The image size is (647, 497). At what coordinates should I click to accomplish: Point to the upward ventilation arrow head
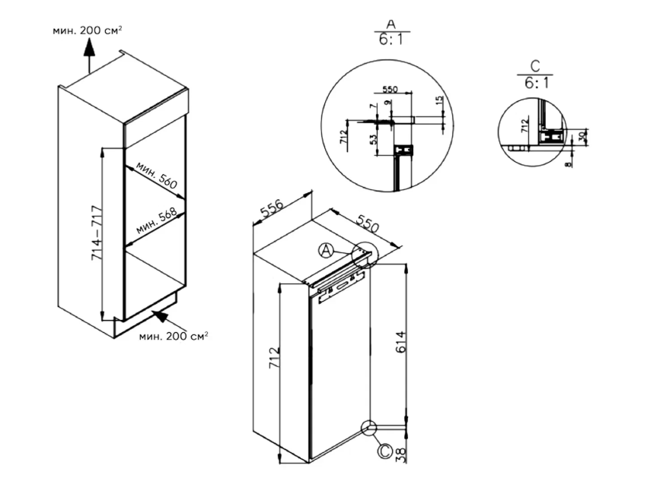tap(88, 46)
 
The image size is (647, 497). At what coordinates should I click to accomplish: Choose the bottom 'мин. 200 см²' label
tap(174, 334)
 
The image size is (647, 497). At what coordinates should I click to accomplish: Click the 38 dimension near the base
tap(403, 454)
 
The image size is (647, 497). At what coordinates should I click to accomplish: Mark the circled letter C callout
tap(385, 451)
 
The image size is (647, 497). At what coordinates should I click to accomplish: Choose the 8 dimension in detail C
tap(570, 163)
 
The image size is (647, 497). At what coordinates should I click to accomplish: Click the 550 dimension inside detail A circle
tap(391, 90)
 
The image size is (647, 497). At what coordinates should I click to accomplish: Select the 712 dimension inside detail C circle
tap(524, 126)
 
